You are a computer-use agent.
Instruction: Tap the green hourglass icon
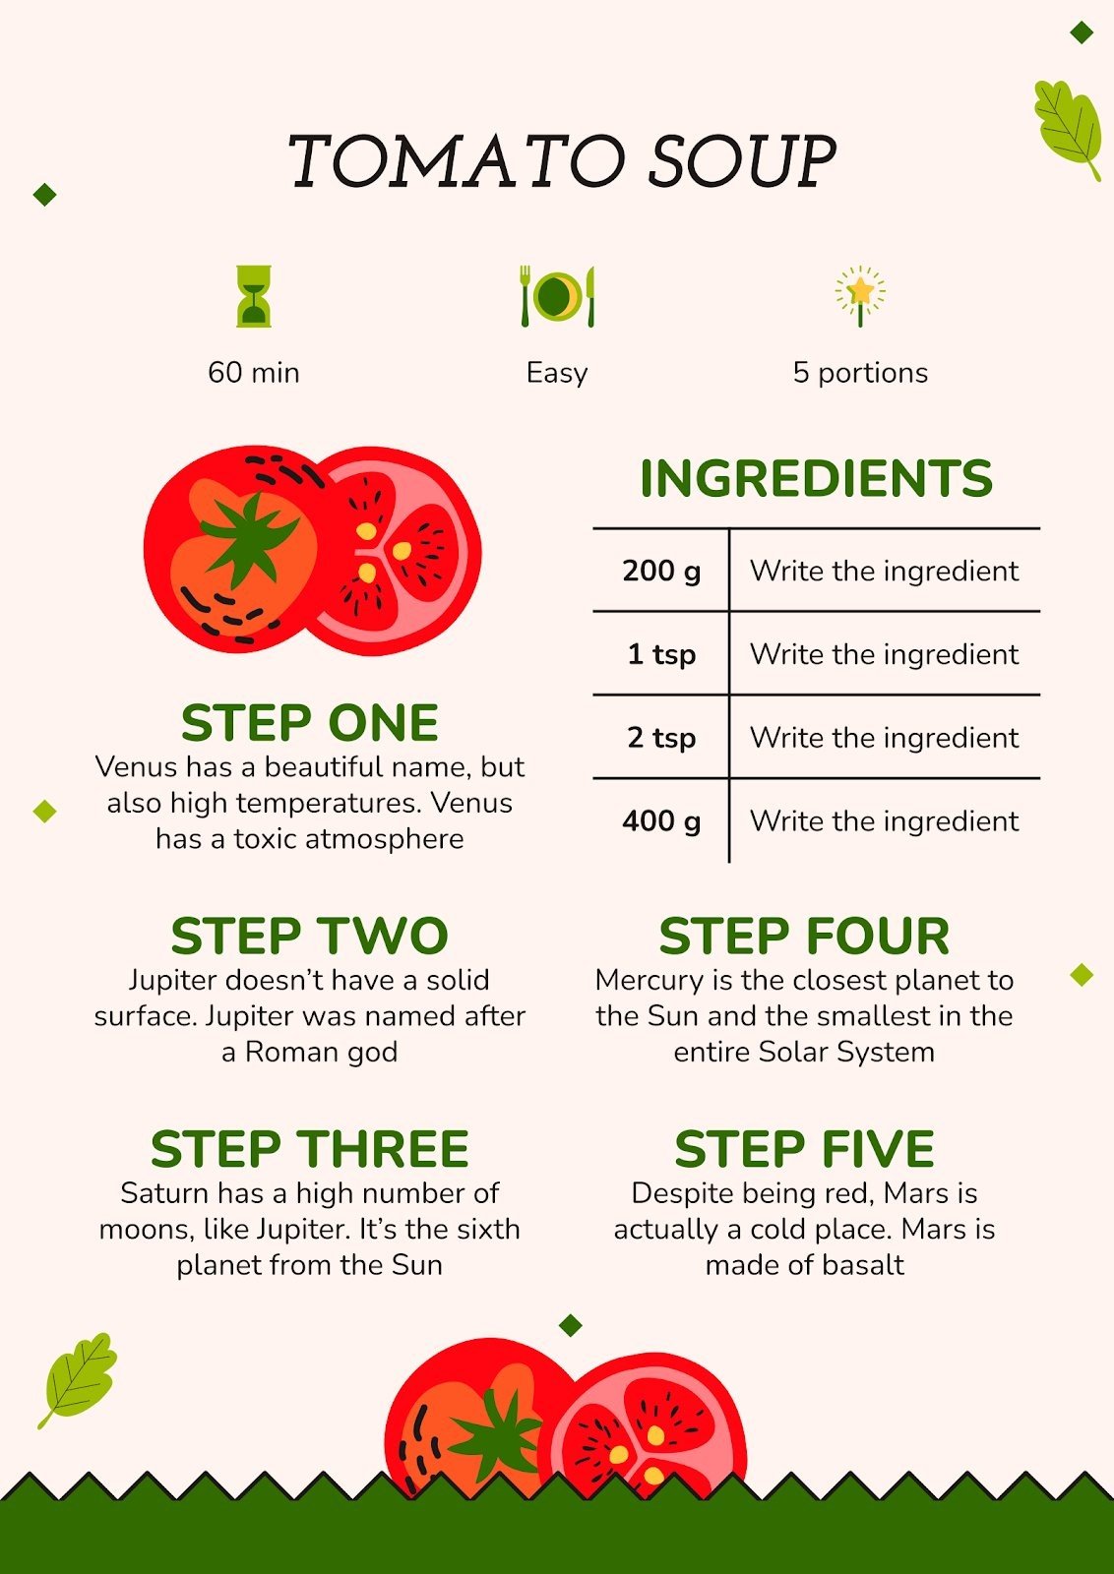tap(254, 295)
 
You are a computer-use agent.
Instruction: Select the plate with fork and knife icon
tap(557, 295)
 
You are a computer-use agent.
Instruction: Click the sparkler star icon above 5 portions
tap(860, 293)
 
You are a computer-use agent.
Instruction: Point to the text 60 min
tap(254, 373)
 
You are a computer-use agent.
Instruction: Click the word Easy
tap(557, 373)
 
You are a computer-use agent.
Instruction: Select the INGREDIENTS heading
tap(816, 479)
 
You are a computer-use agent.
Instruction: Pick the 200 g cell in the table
tap(661, 571)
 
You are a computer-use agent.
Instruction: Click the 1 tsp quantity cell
tap(661, 654)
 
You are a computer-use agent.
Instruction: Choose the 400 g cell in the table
tap(661, 821)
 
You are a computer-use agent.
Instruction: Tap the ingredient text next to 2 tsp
tap(884, 738)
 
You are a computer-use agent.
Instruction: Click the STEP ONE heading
tap(309, 724)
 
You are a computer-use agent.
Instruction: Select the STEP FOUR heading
tap(804, 937)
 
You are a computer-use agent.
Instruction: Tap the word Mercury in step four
tap(649, 981)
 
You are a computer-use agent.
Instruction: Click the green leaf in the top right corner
tap(1067, 126)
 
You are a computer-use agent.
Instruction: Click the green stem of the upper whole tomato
tap(250, 540)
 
